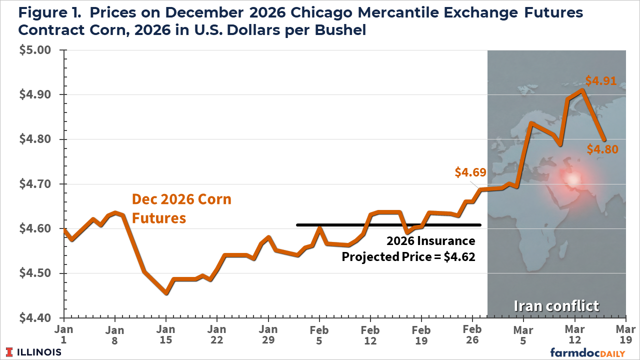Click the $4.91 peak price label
600,81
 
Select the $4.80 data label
601,149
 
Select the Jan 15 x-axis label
166,335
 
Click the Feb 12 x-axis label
370,335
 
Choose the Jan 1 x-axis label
64,335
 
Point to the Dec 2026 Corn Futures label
181,208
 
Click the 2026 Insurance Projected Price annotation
408,248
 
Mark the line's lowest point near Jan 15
166,293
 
